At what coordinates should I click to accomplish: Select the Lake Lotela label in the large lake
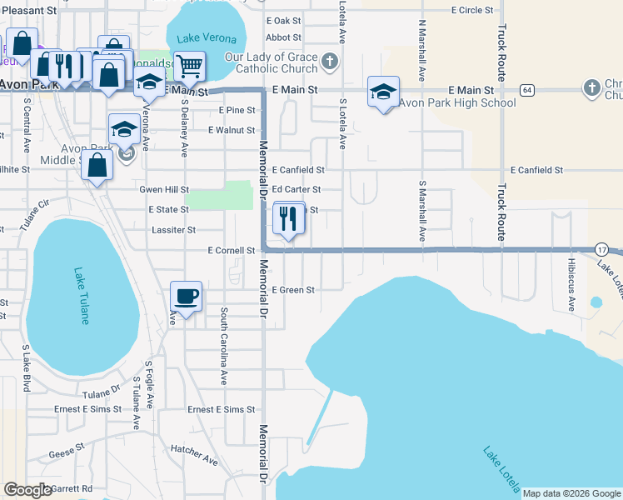point(501,468)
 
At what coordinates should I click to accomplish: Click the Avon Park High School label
point(457,103)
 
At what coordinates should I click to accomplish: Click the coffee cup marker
point(186,296)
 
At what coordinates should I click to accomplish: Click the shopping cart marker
point(190,66)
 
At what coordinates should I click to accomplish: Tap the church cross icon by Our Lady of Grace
point(331,61)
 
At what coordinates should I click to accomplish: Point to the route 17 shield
point(601,249)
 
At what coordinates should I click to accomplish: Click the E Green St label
point(293,290)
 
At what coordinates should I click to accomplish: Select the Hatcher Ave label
point(194,455)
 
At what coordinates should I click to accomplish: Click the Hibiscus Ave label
point(571,282)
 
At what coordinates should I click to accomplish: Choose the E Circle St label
point(472,11)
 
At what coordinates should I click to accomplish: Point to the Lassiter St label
point(173,229)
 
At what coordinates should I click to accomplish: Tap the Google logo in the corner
point(27,490)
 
